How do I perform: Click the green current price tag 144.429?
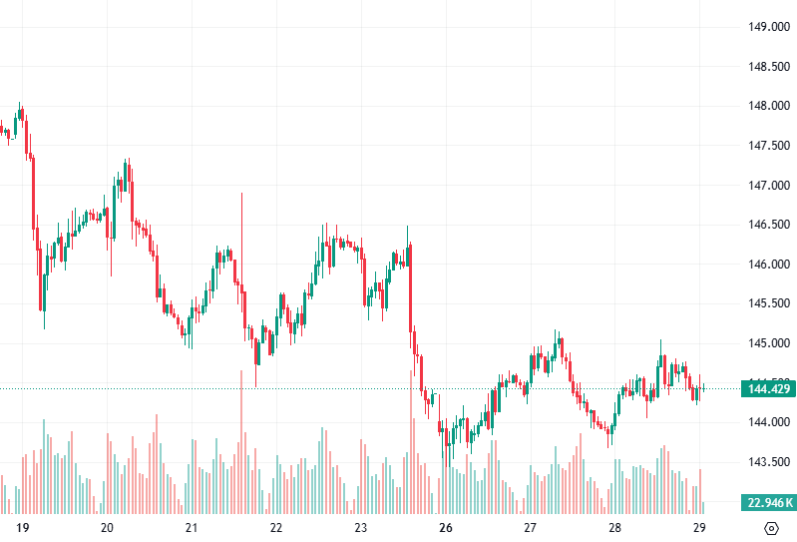pyautogui.click(x=767, y=388)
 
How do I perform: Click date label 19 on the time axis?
pyautogui.click(x=23, y=528)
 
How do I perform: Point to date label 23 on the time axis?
pyautogui.click(x=361, y=528)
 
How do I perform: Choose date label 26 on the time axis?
pyautogui.click(x=446, y=528)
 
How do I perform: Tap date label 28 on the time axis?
pyautogui.click(x=614, y=528)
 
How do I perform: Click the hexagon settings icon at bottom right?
pyautogui.click(x=771, y=528)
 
